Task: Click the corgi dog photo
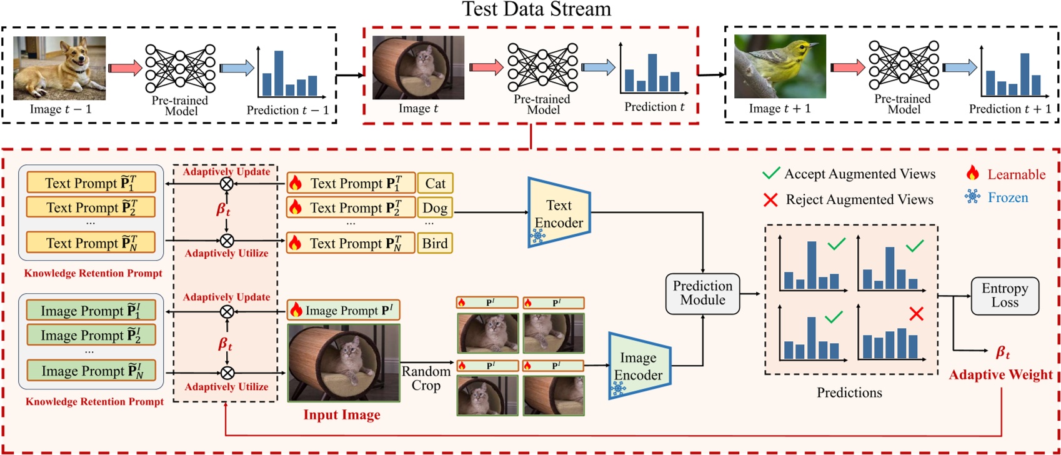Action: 59,67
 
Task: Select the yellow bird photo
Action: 780,66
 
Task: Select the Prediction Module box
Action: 702,293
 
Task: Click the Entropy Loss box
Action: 1004,296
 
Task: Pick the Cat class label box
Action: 435,183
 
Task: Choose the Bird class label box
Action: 434,243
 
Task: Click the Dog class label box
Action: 434,207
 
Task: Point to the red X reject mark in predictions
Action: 916,314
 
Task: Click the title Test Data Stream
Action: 536,9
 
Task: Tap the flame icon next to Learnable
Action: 972,173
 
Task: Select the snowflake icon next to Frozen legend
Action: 972,197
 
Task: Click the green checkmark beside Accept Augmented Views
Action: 771,173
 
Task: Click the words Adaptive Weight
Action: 1000,375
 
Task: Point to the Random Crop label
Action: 426,378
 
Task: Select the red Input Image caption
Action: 342,415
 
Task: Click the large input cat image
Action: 344,362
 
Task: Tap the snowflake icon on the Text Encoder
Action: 538,236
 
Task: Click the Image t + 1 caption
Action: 779,109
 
